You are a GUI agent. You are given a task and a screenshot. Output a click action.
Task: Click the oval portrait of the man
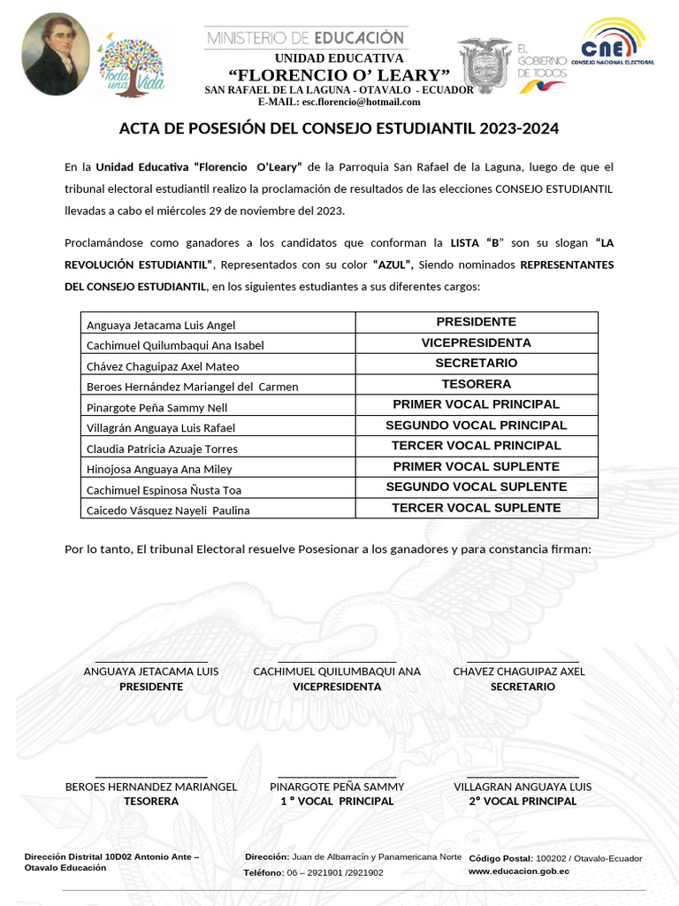(x=55, y=55)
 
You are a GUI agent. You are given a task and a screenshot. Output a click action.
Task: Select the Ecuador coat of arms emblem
(x=484, y=64)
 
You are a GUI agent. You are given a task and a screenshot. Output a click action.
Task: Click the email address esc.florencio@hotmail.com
(x=348, y=102)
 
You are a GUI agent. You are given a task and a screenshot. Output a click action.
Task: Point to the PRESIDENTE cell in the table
(x=476, y=322)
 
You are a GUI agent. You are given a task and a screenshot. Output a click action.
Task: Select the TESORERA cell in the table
(x=476, y=384)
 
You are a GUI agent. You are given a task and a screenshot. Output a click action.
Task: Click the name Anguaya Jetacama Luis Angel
(x=161, y=326)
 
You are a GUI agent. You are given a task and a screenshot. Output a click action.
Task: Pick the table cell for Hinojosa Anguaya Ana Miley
(x=159, y=470)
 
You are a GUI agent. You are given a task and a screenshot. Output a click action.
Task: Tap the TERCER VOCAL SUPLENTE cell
(x=476, y=508)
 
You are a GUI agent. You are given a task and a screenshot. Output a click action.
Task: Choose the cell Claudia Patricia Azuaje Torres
(x=162, y=449)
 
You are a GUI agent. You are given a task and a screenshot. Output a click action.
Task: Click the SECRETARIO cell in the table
(x=476, y=364)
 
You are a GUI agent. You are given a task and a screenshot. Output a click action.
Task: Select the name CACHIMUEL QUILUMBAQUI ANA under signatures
(x=337, y=672)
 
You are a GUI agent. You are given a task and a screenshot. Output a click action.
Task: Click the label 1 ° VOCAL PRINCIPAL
(x=337, y=802)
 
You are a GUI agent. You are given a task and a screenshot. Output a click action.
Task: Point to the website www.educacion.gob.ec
(x=518, y=871)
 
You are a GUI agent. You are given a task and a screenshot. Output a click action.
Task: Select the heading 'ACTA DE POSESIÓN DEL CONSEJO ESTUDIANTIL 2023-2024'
(x=339, y=129)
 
